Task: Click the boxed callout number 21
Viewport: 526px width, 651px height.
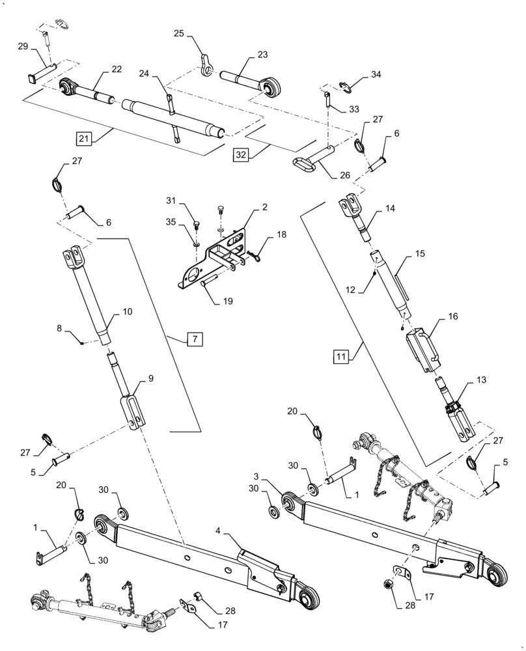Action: [83, 138]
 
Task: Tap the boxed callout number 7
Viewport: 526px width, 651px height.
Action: [195, 339]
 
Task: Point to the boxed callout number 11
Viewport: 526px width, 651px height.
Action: [341, 356]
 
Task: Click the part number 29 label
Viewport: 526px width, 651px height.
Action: [23, 46]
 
